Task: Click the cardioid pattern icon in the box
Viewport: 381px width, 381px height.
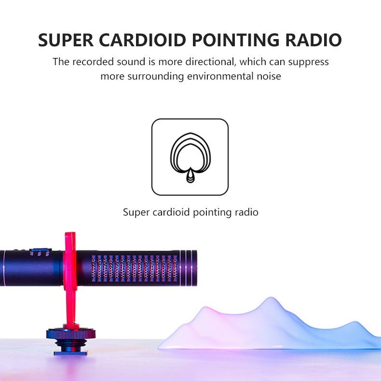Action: click(x=190, y=157)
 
